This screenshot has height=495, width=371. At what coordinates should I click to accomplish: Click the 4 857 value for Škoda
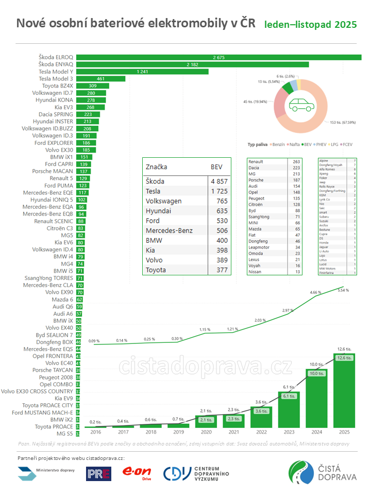[x=219, y=181]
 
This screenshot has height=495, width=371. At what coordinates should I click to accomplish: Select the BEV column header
[x=217, y=167]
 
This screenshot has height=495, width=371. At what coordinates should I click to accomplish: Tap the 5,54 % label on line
[x=344, y=291]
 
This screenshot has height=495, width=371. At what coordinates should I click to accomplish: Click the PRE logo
[x=98, y=473]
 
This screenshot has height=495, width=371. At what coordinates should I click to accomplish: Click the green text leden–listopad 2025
[x=310, y=25]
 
